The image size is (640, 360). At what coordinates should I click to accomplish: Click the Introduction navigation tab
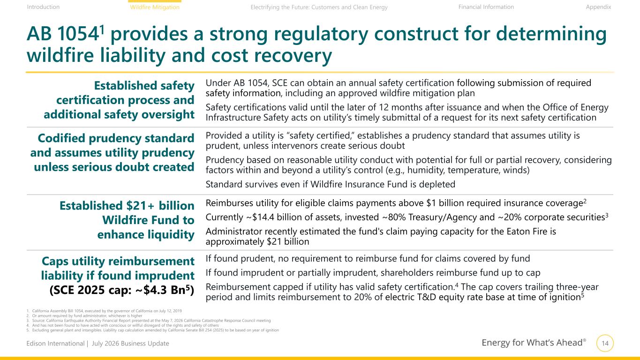[43, 7]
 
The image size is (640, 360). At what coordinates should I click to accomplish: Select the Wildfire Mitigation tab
[155, 7]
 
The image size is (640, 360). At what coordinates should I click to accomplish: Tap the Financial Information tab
[486, 7]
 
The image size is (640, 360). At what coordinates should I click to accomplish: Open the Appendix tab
[598, 7]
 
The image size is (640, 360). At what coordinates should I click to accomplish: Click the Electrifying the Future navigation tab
[319, 7]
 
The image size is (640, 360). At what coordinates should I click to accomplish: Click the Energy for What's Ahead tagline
[534, 342]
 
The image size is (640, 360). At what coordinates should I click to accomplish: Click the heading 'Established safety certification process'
[119, 100]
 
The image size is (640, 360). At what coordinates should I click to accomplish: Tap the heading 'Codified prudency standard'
[112, 152]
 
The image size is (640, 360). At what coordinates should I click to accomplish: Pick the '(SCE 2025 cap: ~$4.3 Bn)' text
[122, 290]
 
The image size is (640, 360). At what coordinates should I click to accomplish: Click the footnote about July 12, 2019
[104, 311]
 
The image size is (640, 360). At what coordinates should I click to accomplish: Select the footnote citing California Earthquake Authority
[149, 321]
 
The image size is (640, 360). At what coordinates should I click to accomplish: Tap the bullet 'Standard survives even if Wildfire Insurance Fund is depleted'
[330, 184]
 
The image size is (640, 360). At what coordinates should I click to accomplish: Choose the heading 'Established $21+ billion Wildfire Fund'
[127, 220]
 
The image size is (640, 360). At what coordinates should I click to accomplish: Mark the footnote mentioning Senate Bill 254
[152, 330]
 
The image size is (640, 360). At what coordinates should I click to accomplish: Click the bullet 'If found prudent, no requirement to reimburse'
[368, 259]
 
